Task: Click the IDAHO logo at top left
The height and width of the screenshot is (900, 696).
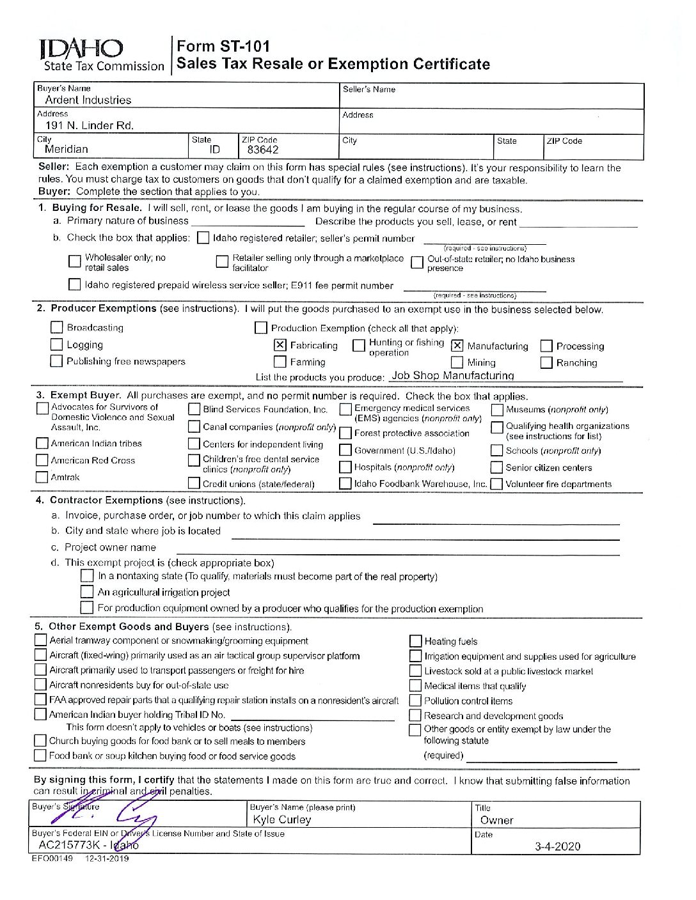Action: tap(82, 49)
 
